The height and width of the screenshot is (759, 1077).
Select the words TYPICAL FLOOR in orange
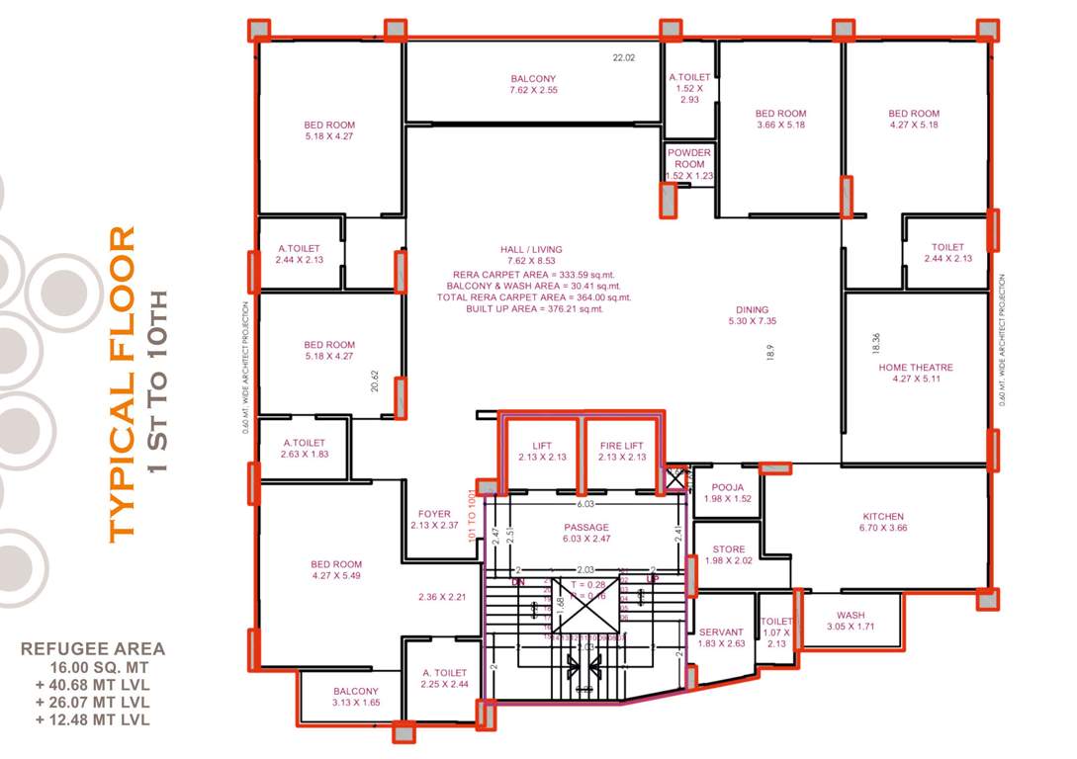coord(121,383)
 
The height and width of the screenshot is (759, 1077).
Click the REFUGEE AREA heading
coord(93,649)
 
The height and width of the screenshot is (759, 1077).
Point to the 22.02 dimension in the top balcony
coord(623,58)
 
